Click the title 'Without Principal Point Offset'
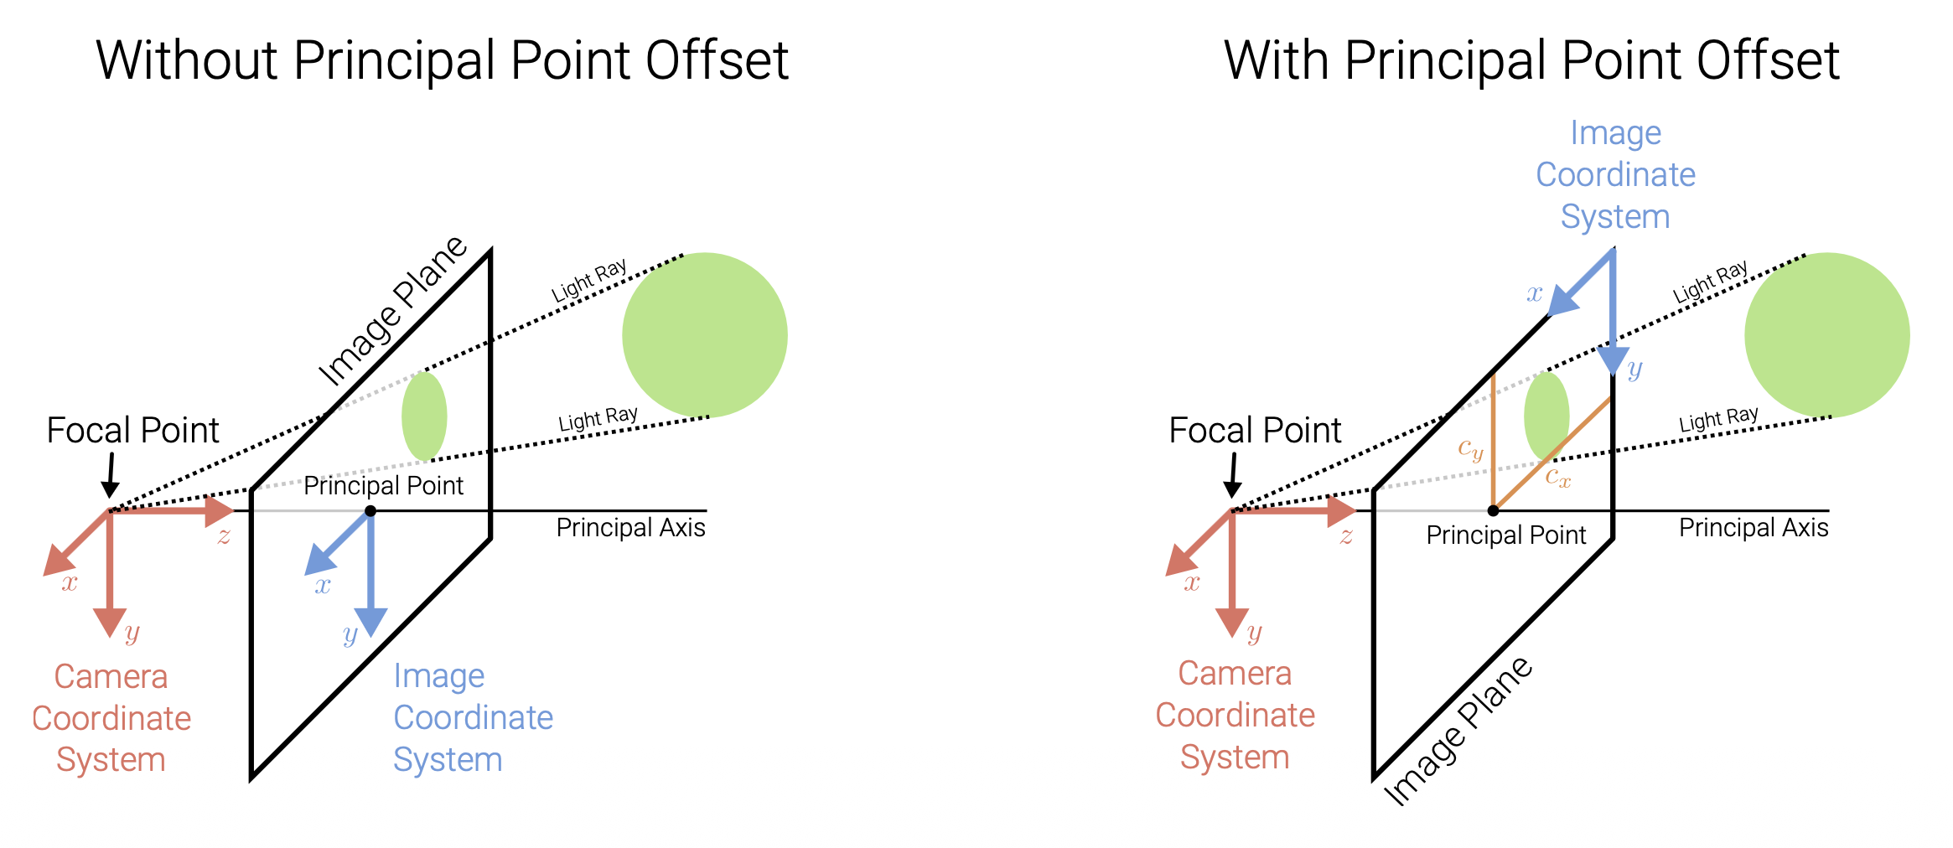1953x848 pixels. (x=443, y=60)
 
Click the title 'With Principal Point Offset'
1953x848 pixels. (x=1531, y=60)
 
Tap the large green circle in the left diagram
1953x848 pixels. (x=705, y=335)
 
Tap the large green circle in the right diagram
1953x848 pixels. (x=1827, y=335)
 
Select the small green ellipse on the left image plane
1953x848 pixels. (x=424, y=416)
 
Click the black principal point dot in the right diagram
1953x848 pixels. (x=1493, y=510)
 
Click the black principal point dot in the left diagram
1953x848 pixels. (x=370, y=510)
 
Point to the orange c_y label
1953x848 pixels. (x=1470, y=449)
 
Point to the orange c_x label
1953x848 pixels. (x=1558, y=477)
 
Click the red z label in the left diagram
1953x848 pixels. (x=224, y=536)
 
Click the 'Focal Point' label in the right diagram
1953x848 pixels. (x=1255, y=431)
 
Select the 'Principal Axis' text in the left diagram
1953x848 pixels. (x=630, y=528)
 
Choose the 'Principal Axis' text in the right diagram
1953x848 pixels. (x=1754, y=528)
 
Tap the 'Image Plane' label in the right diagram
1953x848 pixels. (x=1458, y=731)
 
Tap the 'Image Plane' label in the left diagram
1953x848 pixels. (x=392, y=311)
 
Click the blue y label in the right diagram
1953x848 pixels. (x=1634, y=369)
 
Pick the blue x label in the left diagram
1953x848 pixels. (x=323, y=585)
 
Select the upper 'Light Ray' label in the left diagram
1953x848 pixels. (x=589, y=282)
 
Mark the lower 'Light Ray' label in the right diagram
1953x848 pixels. (x=1718, y=419)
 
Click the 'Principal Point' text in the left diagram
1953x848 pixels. (x=383, y=486)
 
